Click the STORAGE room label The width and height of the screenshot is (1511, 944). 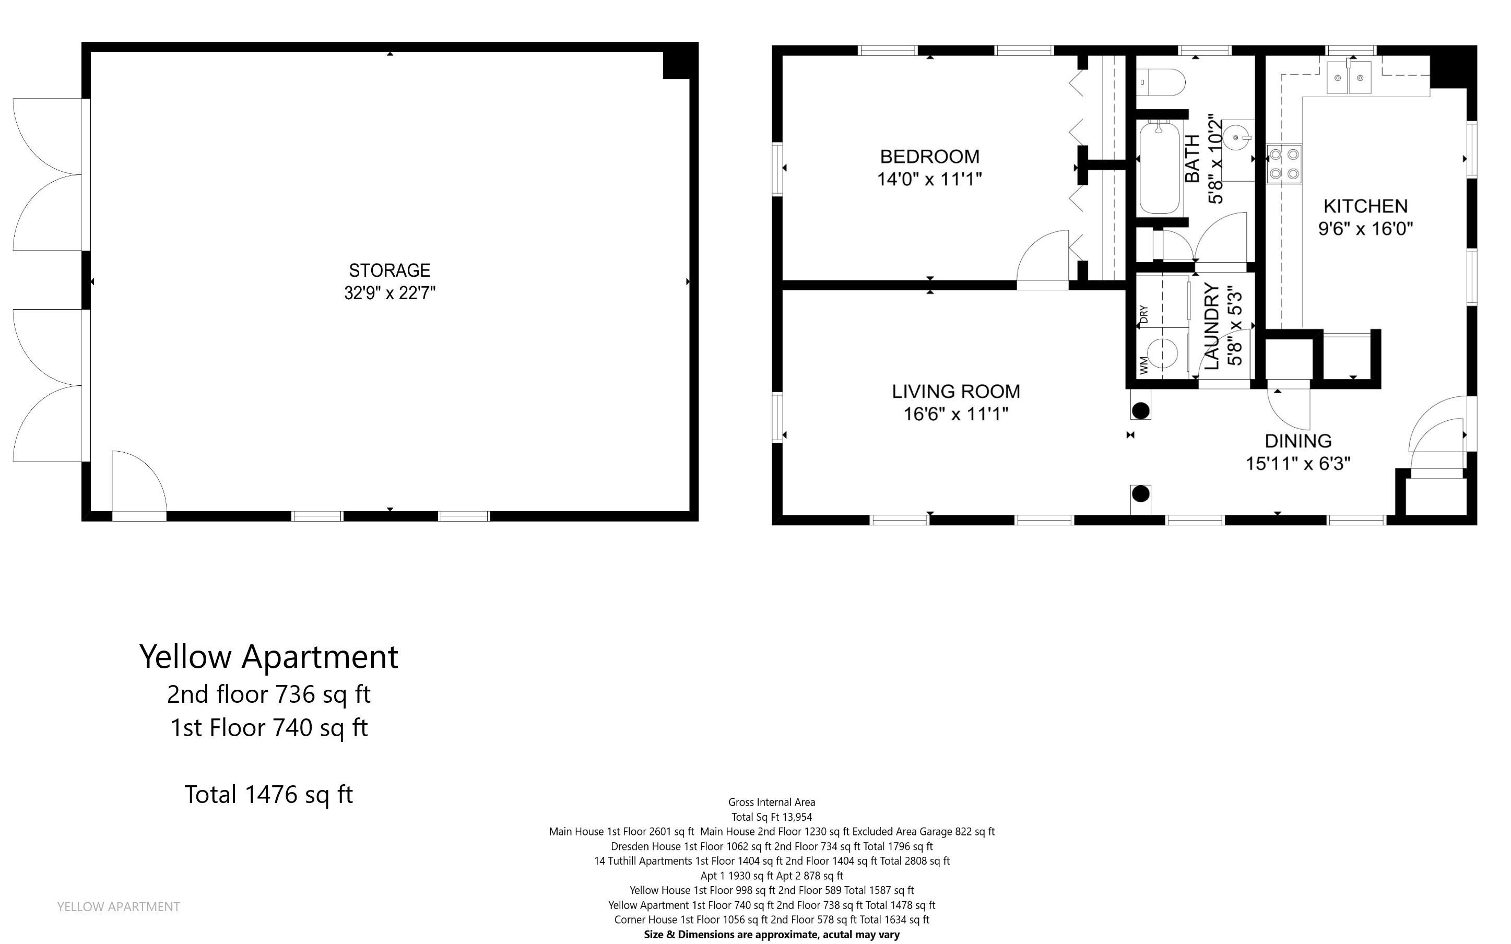(x=389, y=270)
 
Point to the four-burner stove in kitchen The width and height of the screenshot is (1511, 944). (x=1284, y=164)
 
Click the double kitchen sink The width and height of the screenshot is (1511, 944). (x=1348, y=78)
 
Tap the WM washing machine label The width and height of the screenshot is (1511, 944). (x=1143, y=365)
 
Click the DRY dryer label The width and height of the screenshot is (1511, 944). (x=1143, y=314)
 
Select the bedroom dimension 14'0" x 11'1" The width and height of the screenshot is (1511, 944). (x=929, y=179)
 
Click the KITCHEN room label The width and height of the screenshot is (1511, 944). (x=1365, y=206)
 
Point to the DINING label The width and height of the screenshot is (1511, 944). (x=1298, y=441)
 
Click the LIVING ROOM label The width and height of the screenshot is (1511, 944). (x=955, y=392)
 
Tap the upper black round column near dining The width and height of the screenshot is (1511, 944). (x=1140, y=410)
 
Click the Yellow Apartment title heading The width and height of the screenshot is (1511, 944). (x=268, y=657)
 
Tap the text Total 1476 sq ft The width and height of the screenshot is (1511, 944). (x=268, y=794)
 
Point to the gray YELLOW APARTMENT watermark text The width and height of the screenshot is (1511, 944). (x=118, y=906)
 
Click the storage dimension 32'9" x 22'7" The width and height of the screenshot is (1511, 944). (x=389, y=293)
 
